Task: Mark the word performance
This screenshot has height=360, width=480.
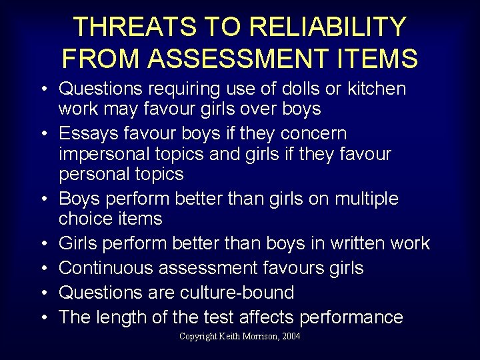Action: (x=351, y=317)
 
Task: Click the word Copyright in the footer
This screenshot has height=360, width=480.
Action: (x=199, y=337)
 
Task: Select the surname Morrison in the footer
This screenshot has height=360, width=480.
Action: (x=260, y=337)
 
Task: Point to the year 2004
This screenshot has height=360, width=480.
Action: (x=291, y=337)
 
